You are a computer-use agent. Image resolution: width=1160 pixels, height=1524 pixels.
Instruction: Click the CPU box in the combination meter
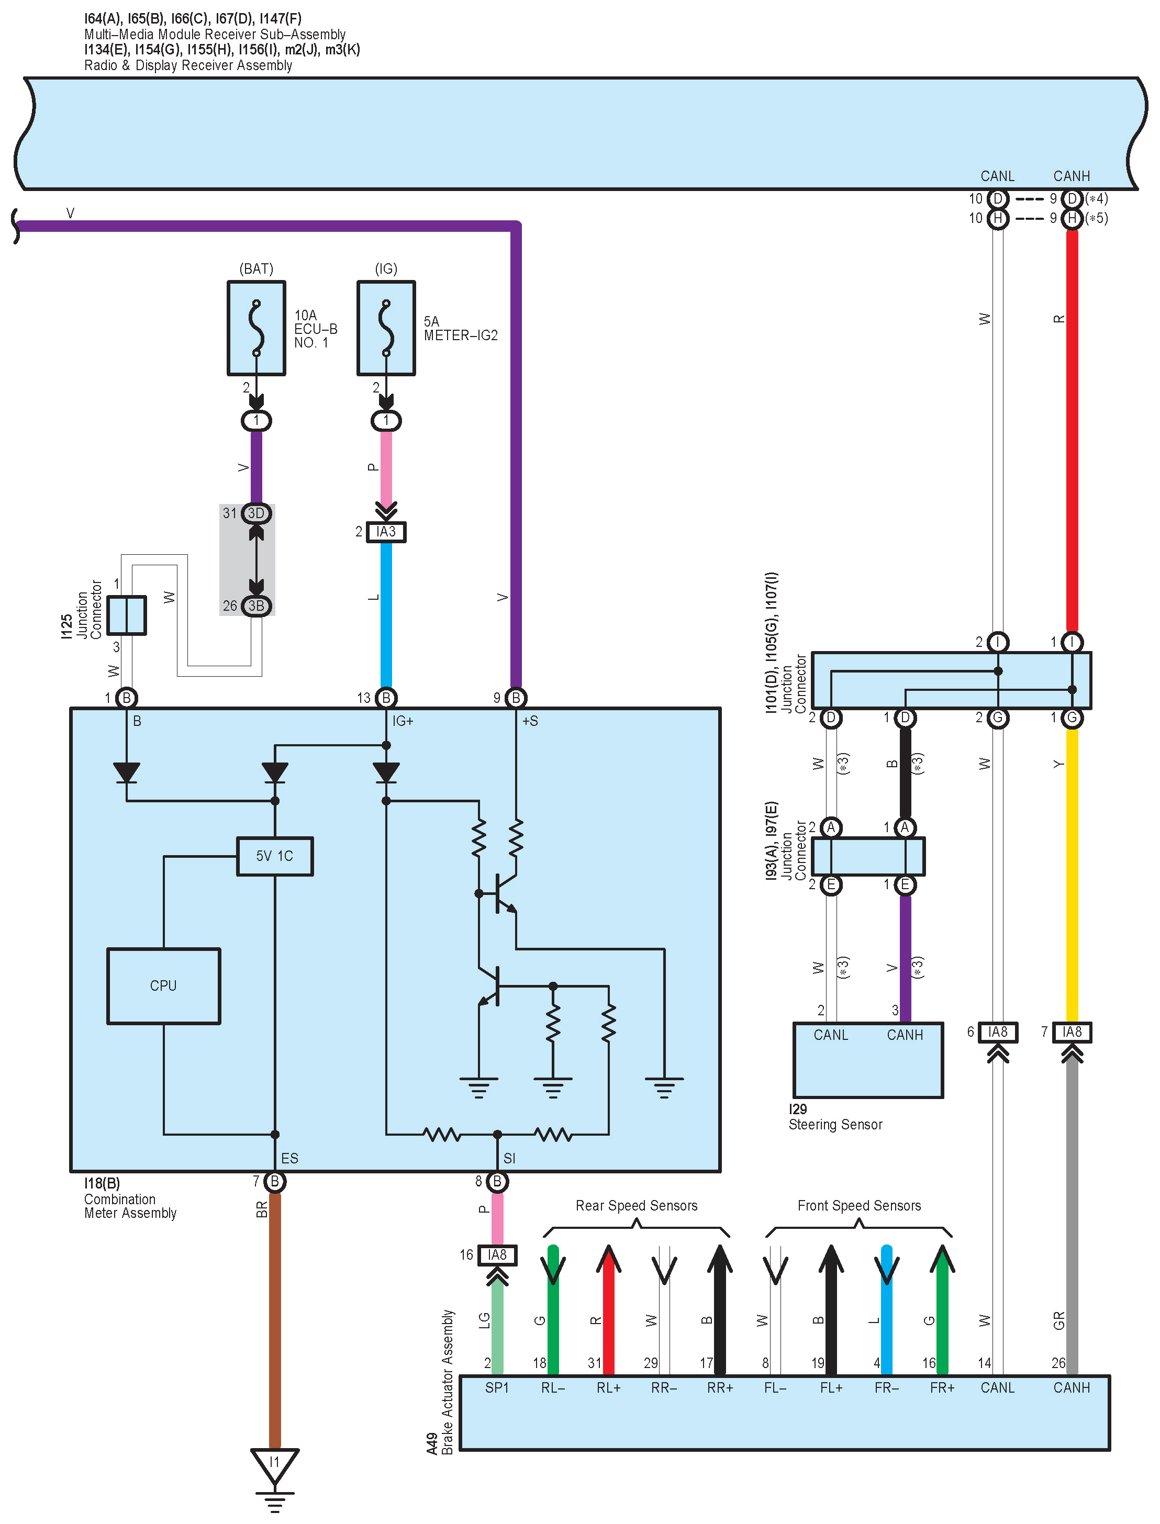click(164, 985)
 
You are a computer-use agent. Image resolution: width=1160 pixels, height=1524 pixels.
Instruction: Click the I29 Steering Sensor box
click(868, 1059)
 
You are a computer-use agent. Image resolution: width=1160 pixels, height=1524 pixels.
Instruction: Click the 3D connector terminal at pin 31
click(256, 513)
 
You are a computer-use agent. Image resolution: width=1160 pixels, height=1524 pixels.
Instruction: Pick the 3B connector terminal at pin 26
click(256, 606)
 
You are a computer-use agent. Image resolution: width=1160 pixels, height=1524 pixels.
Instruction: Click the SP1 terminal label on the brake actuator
click(496, 1387)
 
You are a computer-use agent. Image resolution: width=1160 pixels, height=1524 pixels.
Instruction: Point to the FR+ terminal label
click(942, 1387)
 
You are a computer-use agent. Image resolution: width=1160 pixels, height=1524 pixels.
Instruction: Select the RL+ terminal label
click(608, 1387)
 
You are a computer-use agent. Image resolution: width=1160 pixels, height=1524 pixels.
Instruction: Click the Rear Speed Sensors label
click(637, 1205)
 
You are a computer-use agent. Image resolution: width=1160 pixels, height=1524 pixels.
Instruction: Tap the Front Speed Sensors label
click(859, 1205)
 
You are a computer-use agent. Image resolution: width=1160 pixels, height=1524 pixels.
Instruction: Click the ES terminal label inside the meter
click(289, 1158)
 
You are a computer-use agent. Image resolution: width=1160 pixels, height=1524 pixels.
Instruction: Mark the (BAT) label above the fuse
click(256, 268)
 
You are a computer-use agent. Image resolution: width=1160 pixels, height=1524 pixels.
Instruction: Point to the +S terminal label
click(530, 721)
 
